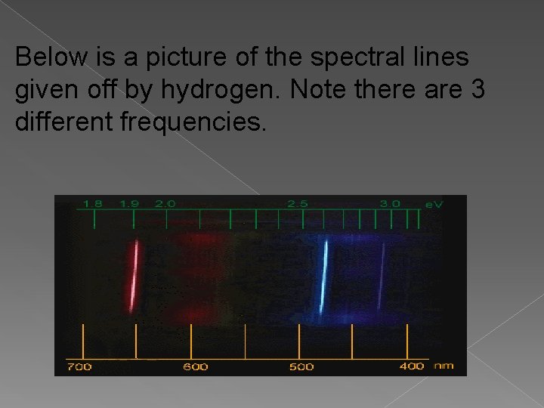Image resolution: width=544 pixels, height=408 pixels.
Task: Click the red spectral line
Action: point(134,276)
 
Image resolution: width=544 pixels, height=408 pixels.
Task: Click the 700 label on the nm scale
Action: point(79,366)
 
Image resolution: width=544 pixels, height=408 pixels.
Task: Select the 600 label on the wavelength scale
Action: point(195,366)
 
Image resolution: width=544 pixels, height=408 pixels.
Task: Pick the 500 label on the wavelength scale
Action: point(301,366)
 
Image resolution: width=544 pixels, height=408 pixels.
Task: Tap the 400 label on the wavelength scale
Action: point(411,366)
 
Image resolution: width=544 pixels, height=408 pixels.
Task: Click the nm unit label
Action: point(444,366)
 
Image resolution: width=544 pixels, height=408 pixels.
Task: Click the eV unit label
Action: point(434,204)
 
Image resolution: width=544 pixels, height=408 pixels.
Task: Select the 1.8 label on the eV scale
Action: point(92,203)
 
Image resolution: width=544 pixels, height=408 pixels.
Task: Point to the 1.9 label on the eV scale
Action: point(129,203)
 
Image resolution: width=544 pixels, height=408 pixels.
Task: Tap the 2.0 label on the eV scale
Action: point(165,203)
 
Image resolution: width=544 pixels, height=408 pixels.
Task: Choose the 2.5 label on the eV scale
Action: point(297,203)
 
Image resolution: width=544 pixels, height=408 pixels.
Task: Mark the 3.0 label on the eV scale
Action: point(390,203)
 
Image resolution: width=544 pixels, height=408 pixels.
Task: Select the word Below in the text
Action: point(48,57)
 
